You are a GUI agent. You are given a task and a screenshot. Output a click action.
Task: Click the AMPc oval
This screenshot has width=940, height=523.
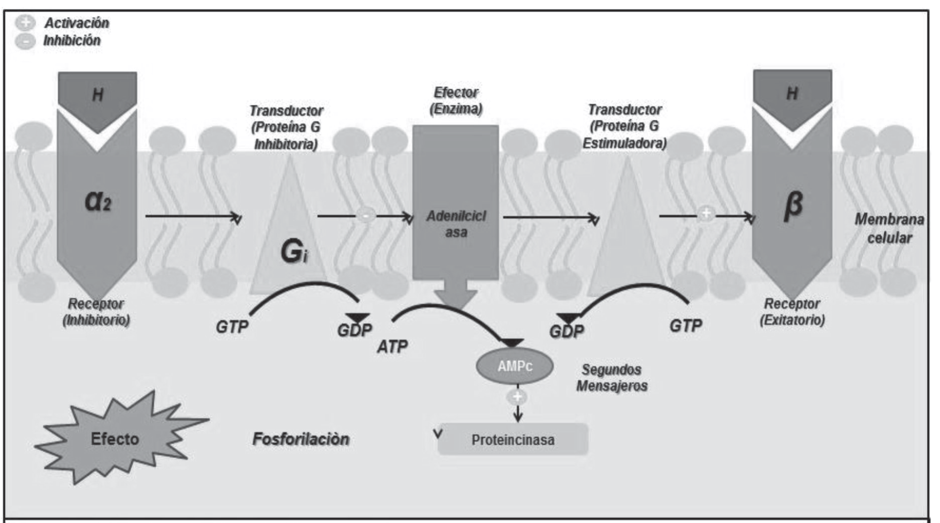(x=514, y=366)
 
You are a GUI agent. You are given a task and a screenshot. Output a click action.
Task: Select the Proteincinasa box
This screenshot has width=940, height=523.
(x=512, y=440)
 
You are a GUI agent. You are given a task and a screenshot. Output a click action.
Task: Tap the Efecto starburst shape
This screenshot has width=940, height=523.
(x=115, y=439)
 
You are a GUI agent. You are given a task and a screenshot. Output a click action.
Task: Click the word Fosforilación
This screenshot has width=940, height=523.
(x=301, y=439)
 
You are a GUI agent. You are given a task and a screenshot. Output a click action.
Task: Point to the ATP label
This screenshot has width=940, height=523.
(x=392, y=346)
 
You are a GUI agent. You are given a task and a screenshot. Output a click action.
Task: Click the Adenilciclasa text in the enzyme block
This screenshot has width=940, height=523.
(x=456, y=224)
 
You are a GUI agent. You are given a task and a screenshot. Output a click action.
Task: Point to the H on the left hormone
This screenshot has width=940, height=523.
(x=98, y=95)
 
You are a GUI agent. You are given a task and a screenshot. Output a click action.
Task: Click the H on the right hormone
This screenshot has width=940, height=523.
(x=792, y=93)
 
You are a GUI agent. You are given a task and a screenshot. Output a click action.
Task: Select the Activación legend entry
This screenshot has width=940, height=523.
(x=76, y=23)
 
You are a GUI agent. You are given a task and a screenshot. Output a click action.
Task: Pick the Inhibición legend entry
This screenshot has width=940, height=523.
(x=72, y=41)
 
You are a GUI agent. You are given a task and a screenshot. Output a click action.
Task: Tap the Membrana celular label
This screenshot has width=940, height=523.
(x=889, y=228)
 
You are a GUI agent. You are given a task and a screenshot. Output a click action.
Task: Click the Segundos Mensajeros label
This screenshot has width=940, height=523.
(x=612, y=378)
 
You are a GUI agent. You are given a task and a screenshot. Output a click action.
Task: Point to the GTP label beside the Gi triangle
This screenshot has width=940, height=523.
(x=232, y=327)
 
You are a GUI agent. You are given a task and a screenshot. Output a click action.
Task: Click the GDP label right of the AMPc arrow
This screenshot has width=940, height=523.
(x=567, y=331)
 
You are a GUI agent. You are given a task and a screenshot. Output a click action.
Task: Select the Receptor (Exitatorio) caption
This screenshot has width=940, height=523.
(x=792, y=311)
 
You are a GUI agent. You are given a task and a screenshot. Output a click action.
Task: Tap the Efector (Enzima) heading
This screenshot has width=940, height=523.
(x=456, y=100)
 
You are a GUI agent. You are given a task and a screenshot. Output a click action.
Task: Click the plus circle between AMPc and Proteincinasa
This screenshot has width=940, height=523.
(x=517, y=397)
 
